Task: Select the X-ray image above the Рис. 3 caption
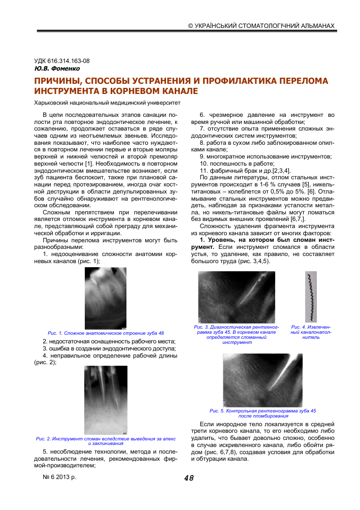(236, 297)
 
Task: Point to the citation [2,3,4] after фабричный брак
(280, 170)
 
